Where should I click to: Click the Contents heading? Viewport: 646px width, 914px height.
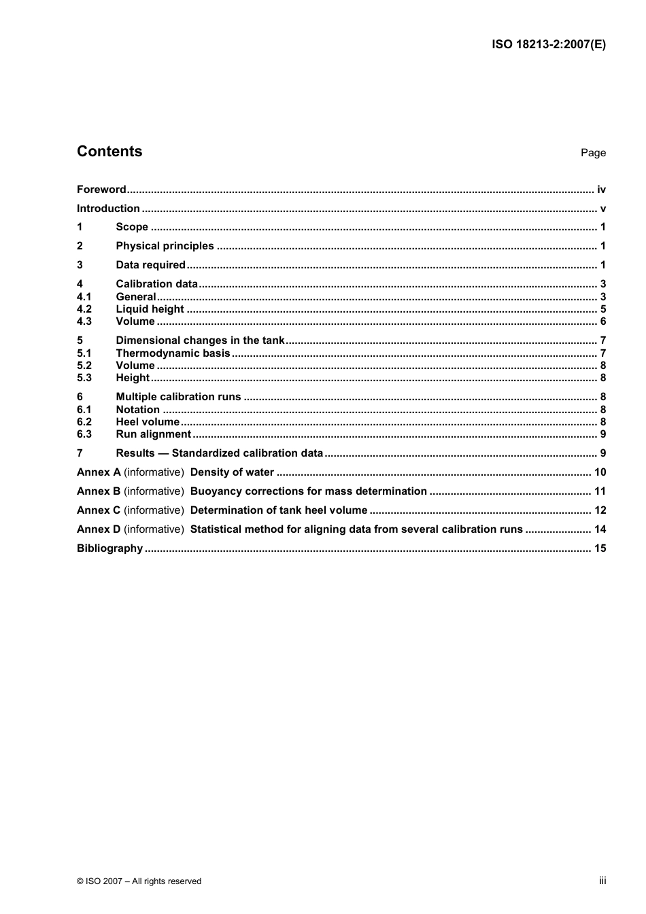pos(109,152)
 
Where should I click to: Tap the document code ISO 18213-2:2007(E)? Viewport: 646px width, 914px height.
pos(548,45)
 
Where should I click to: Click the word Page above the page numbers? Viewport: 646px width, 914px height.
pos(593,153)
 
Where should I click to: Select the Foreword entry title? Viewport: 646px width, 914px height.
pos(101,190)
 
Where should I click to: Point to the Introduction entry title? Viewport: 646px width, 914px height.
pos(108,209)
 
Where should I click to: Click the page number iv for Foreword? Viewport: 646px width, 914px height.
pos(601,190)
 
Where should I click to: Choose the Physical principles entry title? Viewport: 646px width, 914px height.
pos(165,246)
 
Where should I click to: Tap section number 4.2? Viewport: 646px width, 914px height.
pos(84,309)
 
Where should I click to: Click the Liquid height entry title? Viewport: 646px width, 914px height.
pos(150,309)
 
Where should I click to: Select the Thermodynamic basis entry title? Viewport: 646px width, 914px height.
pos(173,353)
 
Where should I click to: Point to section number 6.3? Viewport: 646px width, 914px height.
pos(84,434)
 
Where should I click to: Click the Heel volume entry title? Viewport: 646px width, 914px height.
pos(148,422)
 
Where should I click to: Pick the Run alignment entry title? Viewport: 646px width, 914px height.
pos(153,434)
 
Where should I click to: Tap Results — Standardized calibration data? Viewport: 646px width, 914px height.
pos(219,453)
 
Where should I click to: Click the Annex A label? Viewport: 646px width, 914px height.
pos(99,472)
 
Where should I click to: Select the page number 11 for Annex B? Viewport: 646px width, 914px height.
pos(600,491)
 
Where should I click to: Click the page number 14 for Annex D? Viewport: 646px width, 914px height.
pos(600,529)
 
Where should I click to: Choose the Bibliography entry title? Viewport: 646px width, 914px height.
pos(109,548)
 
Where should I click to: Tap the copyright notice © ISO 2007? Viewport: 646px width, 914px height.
pos(139,881)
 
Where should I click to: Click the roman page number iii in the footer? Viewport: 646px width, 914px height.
pos(602,881)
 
